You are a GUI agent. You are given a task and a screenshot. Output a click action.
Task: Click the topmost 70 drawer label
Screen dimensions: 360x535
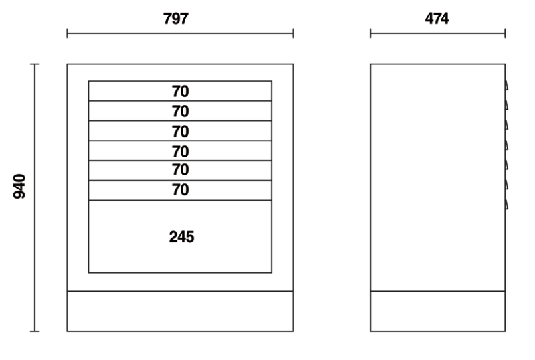click(x=181, y=91)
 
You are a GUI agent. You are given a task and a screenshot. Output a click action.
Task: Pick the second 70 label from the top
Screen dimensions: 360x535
click(x=181, y=111)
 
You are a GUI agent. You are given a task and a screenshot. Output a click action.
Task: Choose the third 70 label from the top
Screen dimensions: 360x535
click(x=181, y=131)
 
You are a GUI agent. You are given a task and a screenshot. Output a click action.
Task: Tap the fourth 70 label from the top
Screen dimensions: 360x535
click(x=181, y=151)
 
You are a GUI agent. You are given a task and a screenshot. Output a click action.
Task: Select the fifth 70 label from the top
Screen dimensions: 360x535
click(x=181, y=171)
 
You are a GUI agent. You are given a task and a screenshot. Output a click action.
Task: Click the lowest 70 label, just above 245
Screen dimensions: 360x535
click(x=181, y=191)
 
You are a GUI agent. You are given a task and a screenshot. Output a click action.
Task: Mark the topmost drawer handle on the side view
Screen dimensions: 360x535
click(x=507, y=86)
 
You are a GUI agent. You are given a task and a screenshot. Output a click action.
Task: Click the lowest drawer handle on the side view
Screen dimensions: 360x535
click(x=507, y=203)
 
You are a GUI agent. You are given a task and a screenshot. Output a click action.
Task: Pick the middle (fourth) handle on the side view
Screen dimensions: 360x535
click(x=507, y=145)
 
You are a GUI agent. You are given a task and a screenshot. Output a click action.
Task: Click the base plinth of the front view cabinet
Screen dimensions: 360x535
click(x=180, y=311)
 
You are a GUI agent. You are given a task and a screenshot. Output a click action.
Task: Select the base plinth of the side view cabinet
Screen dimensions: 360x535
click(x=437, y=311)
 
